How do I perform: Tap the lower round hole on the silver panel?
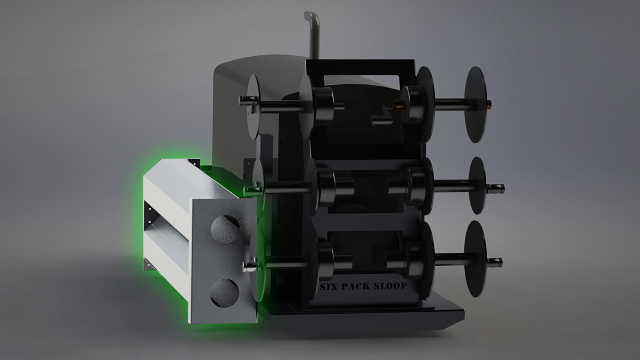point(224,292)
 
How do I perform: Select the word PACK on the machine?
point(356,285)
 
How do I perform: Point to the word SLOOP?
point(390,285)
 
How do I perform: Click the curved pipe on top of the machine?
point(313,33)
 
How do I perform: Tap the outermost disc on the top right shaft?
point(475,104)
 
